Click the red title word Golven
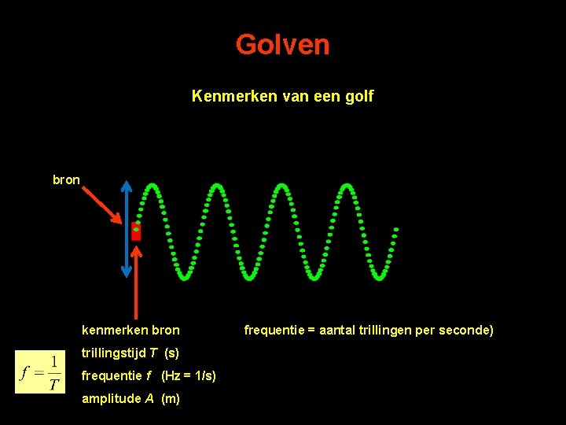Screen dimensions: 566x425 tap(282, 45)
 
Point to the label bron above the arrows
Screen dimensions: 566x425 tap(66, 180)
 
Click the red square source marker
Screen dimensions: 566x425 tap(136, 231)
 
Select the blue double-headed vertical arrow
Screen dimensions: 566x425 tap(127, 228)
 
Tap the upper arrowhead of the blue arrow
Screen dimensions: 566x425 tap(127, 185)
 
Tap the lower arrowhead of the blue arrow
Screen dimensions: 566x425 tap(127, 272)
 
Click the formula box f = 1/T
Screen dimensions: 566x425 tap(41, 371)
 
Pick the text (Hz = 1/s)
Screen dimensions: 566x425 tap(189, 375)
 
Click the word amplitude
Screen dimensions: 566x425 tap(111, 398)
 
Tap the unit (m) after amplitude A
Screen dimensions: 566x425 tap(171, 398)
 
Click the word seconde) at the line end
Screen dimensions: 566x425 tap(469, 330)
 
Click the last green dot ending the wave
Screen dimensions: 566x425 tap(396, 230)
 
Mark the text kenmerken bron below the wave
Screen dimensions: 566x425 tap(130, 330)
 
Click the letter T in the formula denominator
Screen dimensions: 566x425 tap(53, 385)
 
